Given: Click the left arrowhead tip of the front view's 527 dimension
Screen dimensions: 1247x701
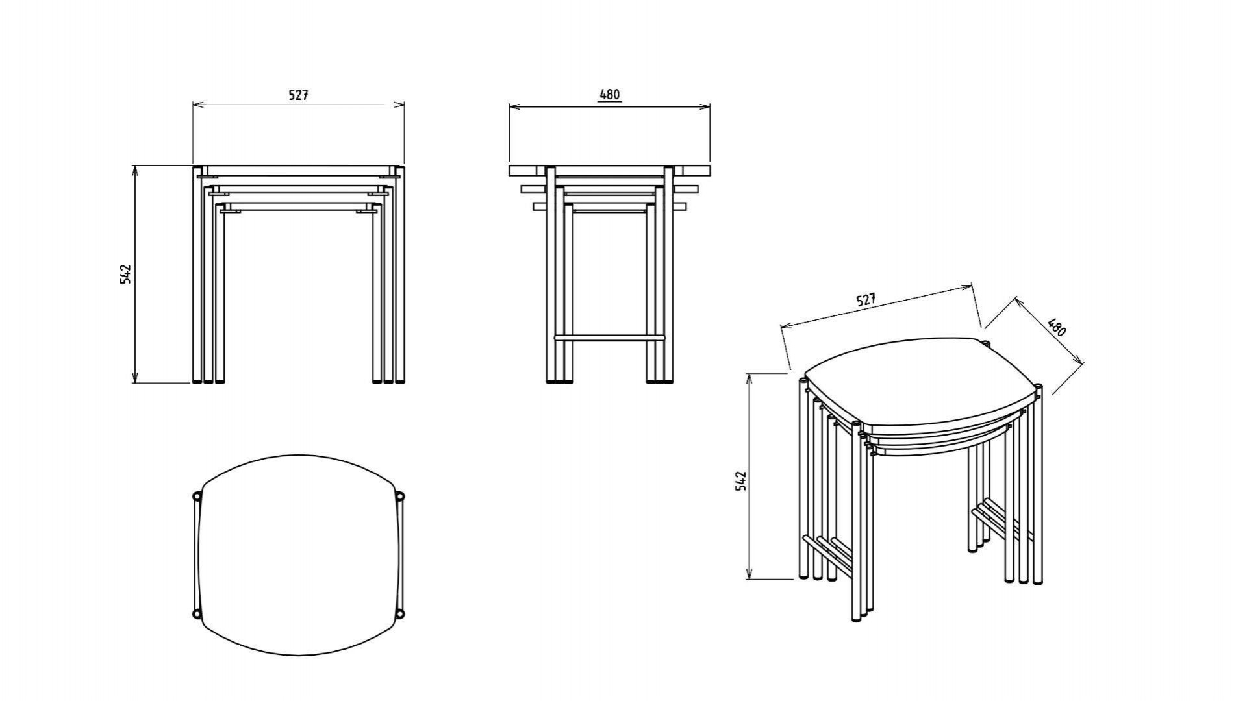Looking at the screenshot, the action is pyautogui.click(x=194, y=104).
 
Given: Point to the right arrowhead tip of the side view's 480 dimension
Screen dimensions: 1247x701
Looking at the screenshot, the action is pyautogui.click(x=710, y=106).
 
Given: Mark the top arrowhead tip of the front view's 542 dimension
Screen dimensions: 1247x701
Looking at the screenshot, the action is pyautogui.click(x=135, y=166).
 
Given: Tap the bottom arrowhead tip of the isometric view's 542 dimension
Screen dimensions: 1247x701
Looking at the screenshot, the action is pyautogui.click(x=749, y=578).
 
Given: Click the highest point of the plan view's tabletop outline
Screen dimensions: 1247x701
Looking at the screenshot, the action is pyautogui.click(x=299, y=455).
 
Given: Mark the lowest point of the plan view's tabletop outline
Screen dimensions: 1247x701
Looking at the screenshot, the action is pyautogui.click(x=299, y=655).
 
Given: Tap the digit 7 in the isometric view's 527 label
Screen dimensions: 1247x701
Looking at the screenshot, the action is pyautogui.click(x=872, y=297).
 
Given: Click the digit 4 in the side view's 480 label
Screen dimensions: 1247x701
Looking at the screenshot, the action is pyautogui.click(x=602, y=94).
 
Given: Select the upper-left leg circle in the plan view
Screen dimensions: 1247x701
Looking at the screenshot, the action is pyautogui.click(x=197, y=497).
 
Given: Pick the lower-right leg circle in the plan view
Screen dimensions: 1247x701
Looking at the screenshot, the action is pyautogui.click(x=400, y=613).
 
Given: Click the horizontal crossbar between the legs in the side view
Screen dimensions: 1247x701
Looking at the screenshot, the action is pyautogui.click(x=609, y=338).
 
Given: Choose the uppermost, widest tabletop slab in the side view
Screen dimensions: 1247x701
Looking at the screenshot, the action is pyautogui.click(x=610, y=171).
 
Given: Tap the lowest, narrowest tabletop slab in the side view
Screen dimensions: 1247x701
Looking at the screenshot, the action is pyautogui.click(x=610, y=207).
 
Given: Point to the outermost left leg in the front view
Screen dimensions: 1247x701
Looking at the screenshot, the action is pyautogui.click(x=196, y=275).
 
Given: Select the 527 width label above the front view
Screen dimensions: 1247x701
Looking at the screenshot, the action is pyautogui.click(x=298, y=95).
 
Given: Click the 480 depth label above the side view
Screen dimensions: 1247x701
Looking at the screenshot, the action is pyautogui.click(x=610, y=94).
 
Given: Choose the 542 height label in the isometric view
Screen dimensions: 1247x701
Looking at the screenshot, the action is pyautogui.click(x=741, y=481).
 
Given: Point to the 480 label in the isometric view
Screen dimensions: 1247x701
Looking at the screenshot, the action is pyautogui.click(x=1057, y=327).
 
